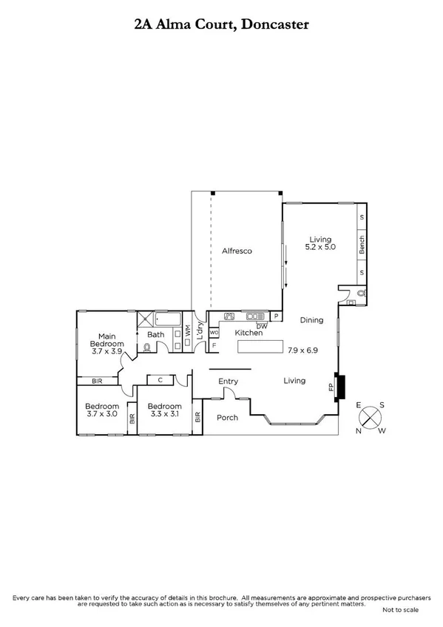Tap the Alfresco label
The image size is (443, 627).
237,251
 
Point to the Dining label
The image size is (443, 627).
311,320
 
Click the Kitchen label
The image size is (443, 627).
248,333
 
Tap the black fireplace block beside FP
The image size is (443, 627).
339,387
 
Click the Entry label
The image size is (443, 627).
228,381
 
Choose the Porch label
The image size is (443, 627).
227,418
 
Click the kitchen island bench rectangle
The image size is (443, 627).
260,348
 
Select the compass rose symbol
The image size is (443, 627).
370,418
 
